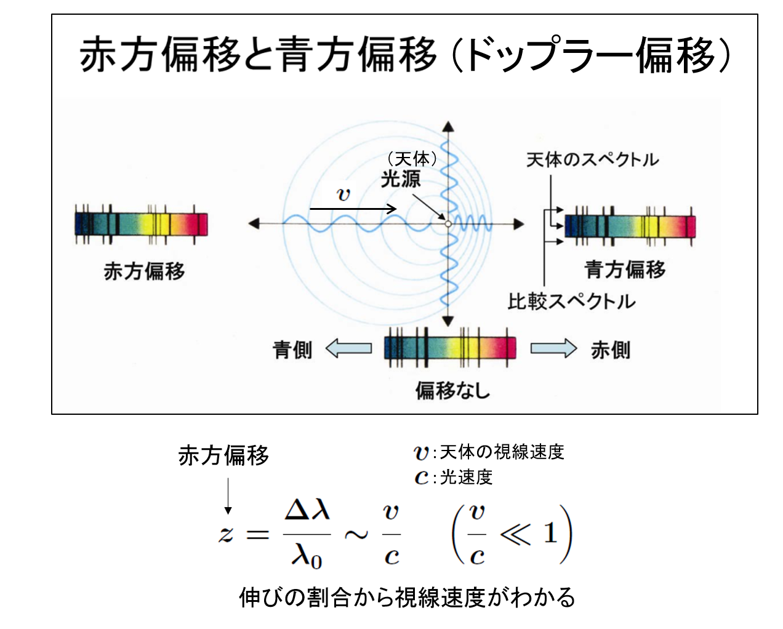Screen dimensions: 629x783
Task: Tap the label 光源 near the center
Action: point(401,179)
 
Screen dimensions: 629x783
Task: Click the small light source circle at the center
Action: point(448,224)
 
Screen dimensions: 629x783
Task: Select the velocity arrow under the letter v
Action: point(353,209)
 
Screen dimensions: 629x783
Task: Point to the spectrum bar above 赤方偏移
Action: point(141,223)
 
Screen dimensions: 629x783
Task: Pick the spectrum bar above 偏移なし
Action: point(450,348)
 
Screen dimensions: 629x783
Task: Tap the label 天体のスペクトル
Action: point(592,160)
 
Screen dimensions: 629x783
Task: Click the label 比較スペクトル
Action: point(571,302)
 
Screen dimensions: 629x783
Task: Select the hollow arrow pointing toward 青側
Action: point(348,348)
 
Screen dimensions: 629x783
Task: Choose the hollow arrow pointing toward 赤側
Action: point(553,348)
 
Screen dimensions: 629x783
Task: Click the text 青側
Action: point(292,350)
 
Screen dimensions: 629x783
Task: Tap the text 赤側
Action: point(610,350)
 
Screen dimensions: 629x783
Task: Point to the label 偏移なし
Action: point(452,390)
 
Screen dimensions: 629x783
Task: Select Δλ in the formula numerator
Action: point(307,510)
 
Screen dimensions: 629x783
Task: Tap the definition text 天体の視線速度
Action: point(502,452)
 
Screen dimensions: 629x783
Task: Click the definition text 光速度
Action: point(466,477)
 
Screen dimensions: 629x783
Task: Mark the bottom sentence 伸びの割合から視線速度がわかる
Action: point(407,597)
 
